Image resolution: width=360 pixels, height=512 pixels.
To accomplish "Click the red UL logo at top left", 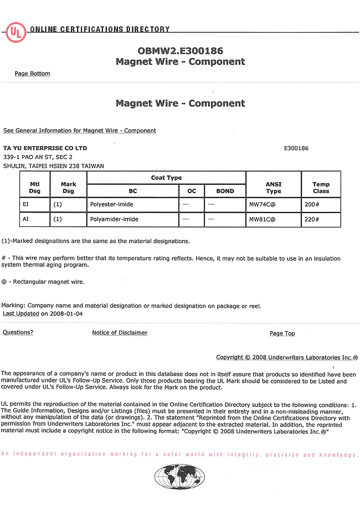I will [16, 32].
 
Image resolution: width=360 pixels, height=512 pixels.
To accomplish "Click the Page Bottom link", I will [32, 74].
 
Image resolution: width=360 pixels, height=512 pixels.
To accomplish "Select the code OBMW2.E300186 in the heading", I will [180, 50].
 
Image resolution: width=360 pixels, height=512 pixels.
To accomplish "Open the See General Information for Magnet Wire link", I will [80, 131].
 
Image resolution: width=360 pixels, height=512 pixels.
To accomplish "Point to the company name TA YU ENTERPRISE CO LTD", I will [45, 148].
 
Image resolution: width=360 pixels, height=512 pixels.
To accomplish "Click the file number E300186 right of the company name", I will [296, 148].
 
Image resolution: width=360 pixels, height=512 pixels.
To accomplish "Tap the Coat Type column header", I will [166, 178].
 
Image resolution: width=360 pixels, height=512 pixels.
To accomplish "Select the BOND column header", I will [225, 191].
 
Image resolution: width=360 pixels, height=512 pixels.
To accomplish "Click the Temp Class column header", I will [321, 188].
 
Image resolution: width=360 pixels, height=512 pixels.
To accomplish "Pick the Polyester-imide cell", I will [111, 204].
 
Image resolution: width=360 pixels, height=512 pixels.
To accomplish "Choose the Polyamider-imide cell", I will [114, 219].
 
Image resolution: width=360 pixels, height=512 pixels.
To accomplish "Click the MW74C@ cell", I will [262, 204].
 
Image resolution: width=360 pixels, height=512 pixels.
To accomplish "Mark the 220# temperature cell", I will [312, 219].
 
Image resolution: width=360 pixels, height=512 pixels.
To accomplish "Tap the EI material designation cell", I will [25, 204].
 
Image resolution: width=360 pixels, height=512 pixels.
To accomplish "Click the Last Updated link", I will [20, 314].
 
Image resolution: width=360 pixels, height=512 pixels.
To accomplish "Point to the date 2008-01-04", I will [66, 314].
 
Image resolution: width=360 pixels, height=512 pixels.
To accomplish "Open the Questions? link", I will [18, 333].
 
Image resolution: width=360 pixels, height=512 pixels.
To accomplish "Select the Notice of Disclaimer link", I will [120, 333].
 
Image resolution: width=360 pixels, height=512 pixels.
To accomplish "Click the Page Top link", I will [282, 333].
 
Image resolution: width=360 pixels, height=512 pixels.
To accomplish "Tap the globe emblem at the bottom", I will [179, 477].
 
